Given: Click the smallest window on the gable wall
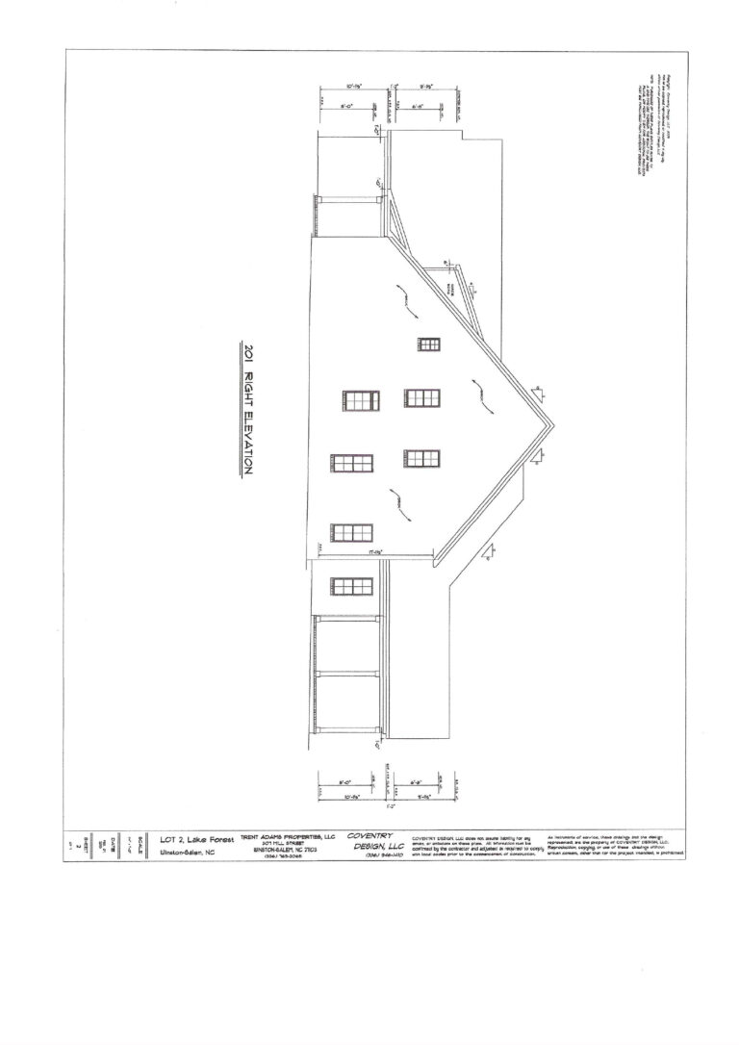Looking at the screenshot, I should (x=429, y=344).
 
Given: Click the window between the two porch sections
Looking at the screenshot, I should (x=351, y=585).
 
